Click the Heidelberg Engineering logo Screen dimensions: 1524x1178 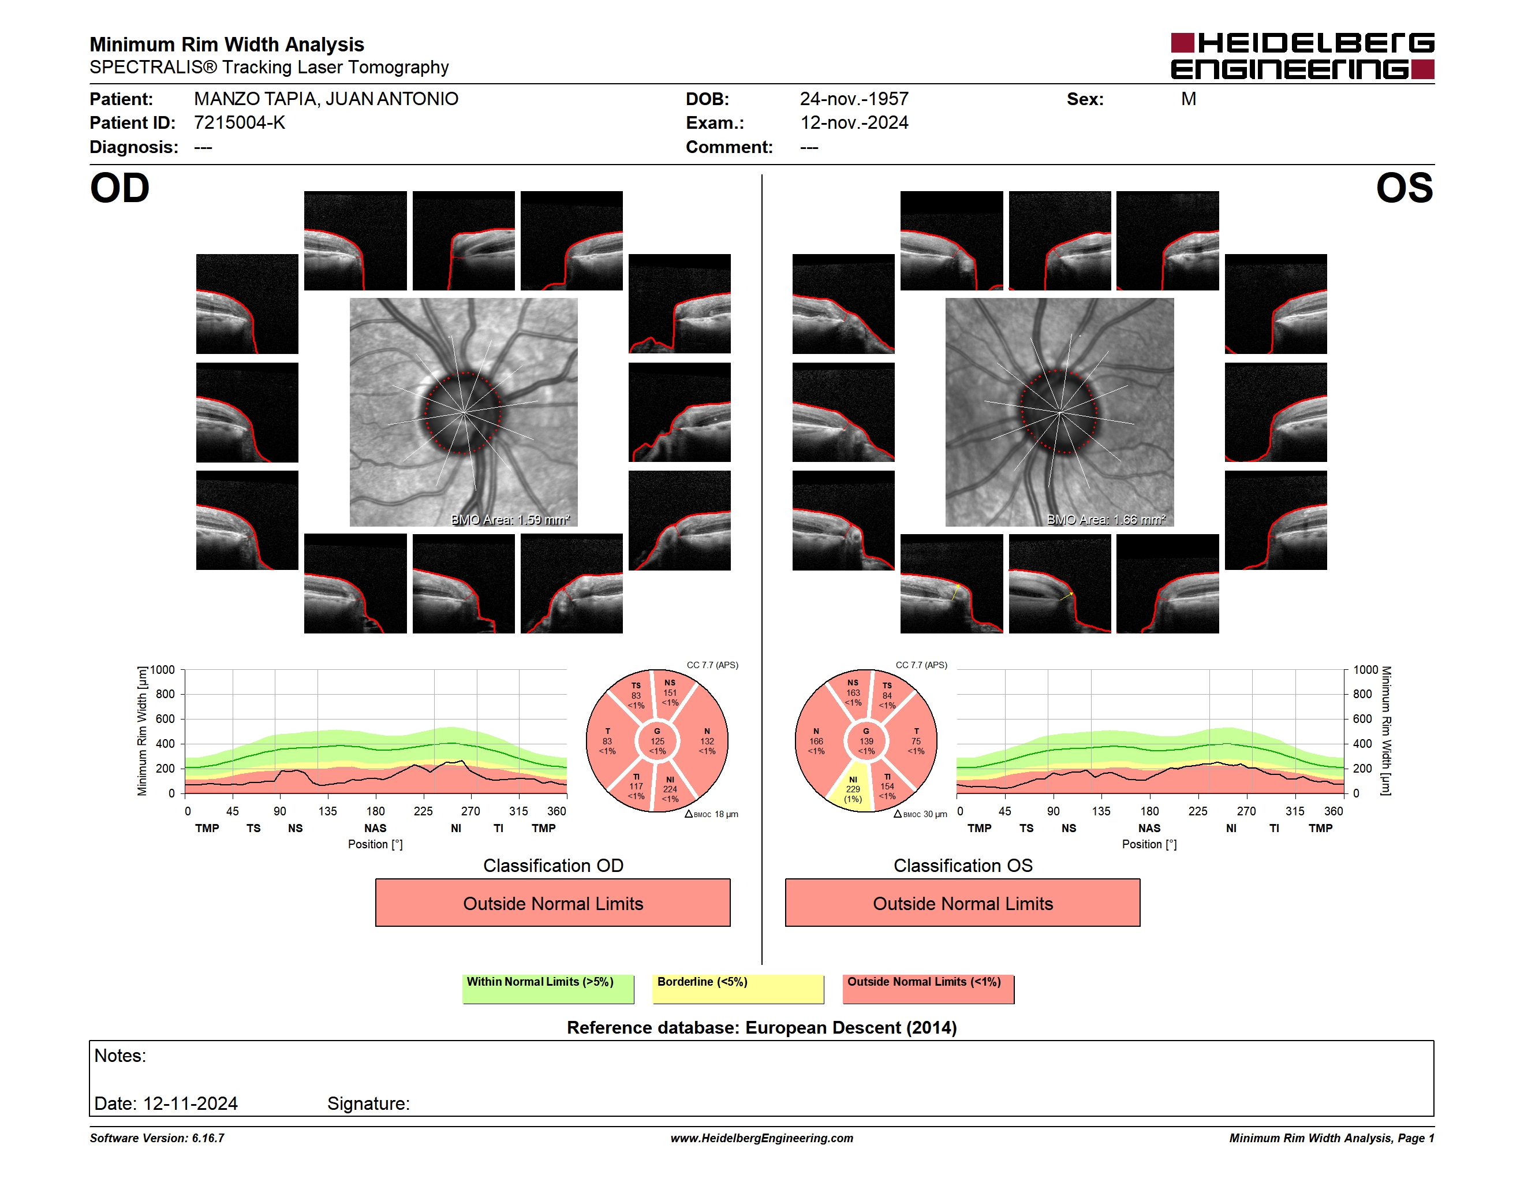pos(1302,56)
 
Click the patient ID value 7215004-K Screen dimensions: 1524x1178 pos(240,123)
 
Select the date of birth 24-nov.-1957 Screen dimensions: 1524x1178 pos(854,99)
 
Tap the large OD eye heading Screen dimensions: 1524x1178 pos(120,188)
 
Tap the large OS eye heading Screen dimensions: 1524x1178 pos(1404,188)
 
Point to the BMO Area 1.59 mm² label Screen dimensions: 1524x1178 pos(510,519)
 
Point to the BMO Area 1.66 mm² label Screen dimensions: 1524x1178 pos(1106,519)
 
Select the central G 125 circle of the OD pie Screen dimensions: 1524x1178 pos(658,741)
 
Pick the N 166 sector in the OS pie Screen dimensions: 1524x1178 pos(817,741)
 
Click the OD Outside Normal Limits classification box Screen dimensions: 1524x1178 pos(552,903)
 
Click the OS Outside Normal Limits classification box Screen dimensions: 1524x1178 pos(962,903)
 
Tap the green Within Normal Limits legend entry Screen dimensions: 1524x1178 pos(548,989)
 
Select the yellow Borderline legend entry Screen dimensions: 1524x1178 pos(738,989)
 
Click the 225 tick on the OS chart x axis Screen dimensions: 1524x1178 pos(1197,811)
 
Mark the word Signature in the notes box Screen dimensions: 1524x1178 pos(368,1104)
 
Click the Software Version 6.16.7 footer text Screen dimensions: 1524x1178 pos(157,1138)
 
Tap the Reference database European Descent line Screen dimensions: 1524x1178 pos(761,1028)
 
